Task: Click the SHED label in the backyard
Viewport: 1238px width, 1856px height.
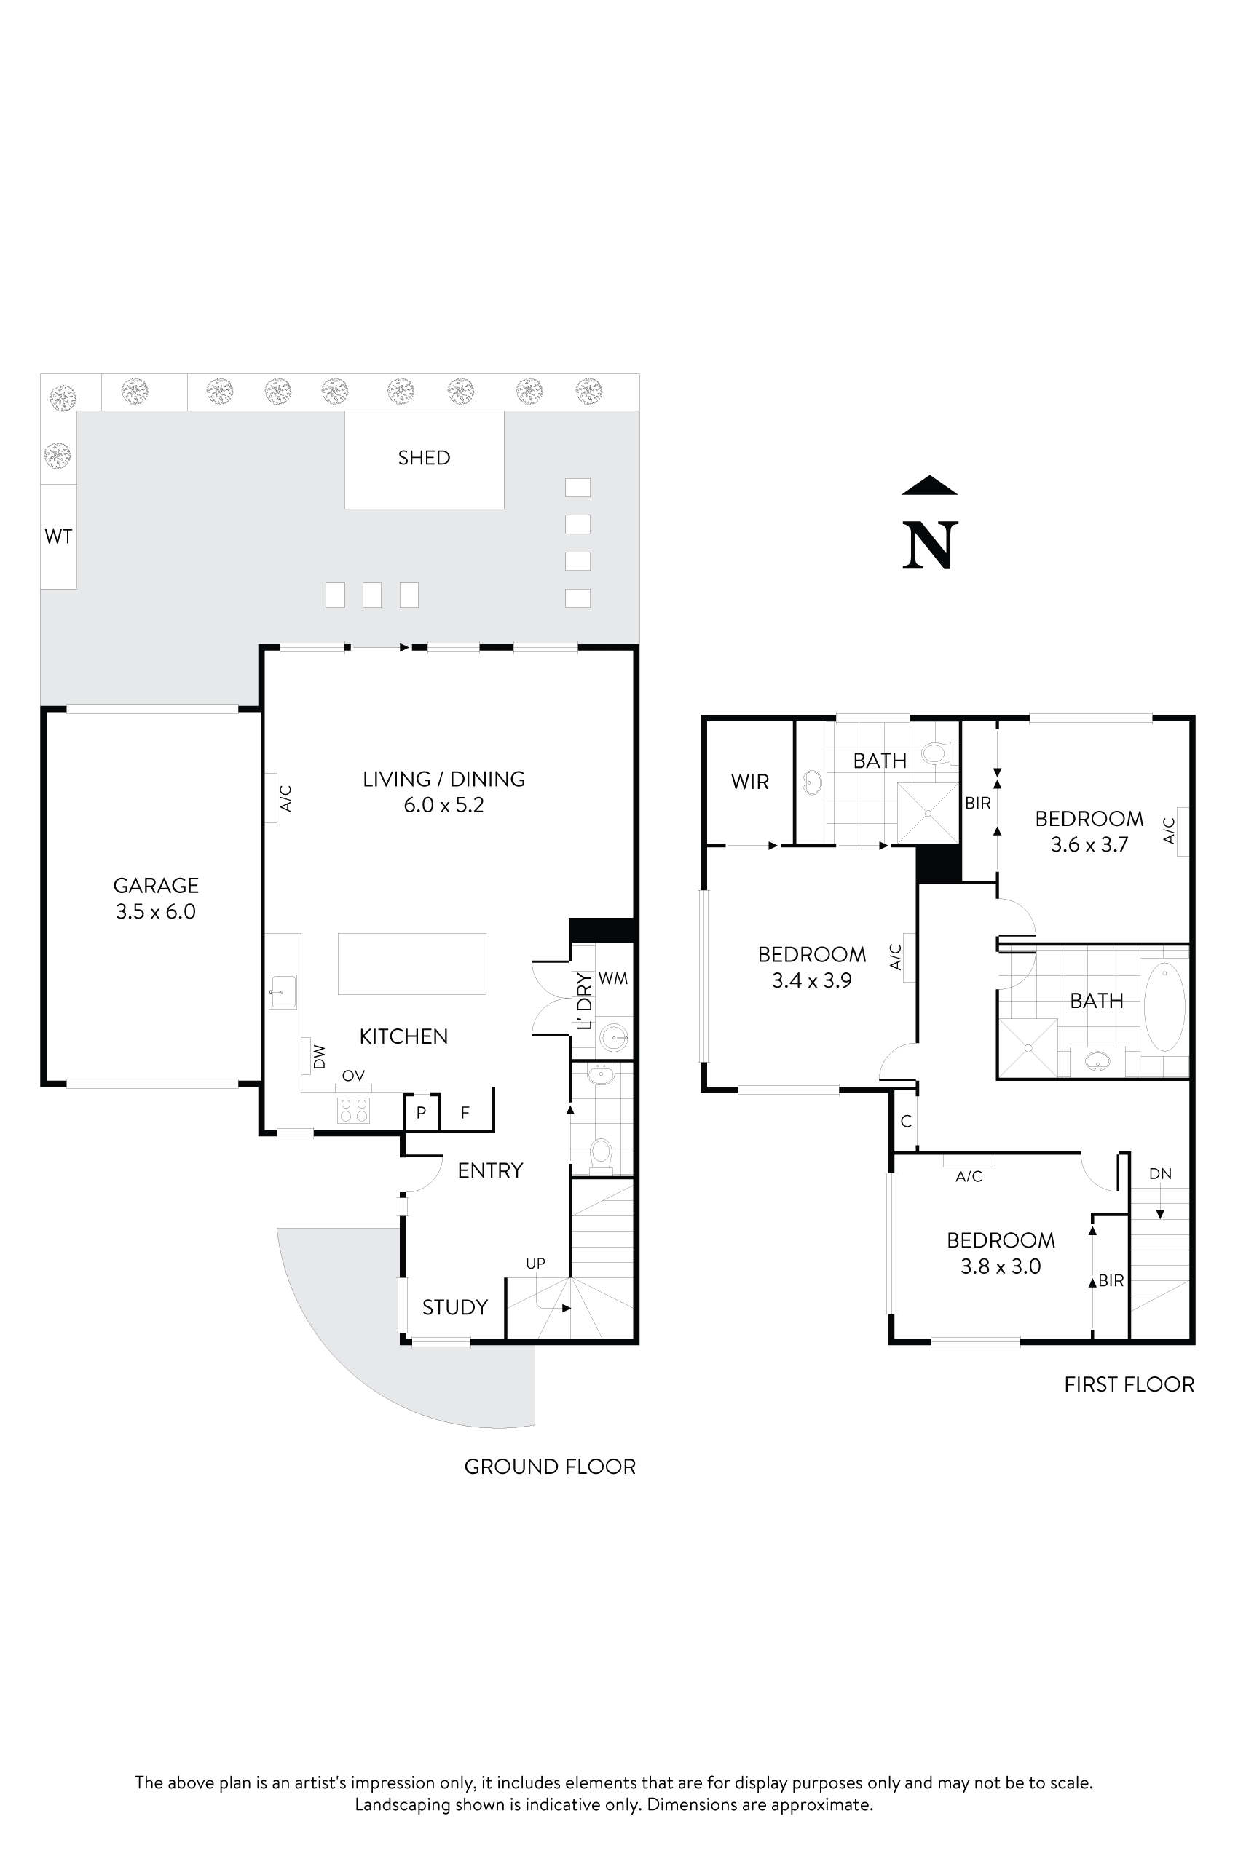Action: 424,458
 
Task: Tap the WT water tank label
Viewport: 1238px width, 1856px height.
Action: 58,536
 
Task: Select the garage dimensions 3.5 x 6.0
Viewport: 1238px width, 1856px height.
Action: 156,911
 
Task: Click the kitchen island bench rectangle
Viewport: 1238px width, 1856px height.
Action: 411,964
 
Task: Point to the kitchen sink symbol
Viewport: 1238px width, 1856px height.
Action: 282,991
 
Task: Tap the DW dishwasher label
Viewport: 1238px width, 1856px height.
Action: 319,1057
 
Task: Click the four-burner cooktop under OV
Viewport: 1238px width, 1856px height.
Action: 353,1110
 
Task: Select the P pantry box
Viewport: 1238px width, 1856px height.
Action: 422,1113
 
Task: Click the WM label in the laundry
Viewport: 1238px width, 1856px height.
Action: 612,978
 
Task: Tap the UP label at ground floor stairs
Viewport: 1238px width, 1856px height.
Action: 535,1264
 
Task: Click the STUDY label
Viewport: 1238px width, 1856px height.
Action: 454,1307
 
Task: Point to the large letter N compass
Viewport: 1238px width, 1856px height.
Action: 930,544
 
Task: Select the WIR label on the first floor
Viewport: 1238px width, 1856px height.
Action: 749,781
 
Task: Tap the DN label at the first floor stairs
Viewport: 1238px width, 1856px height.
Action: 1160,1173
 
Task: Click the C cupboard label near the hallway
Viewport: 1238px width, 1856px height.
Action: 907,1122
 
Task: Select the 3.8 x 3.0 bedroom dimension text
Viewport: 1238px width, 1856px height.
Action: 1001,1266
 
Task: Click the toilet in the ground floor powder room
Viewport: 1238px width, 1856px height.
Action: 601,1153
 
